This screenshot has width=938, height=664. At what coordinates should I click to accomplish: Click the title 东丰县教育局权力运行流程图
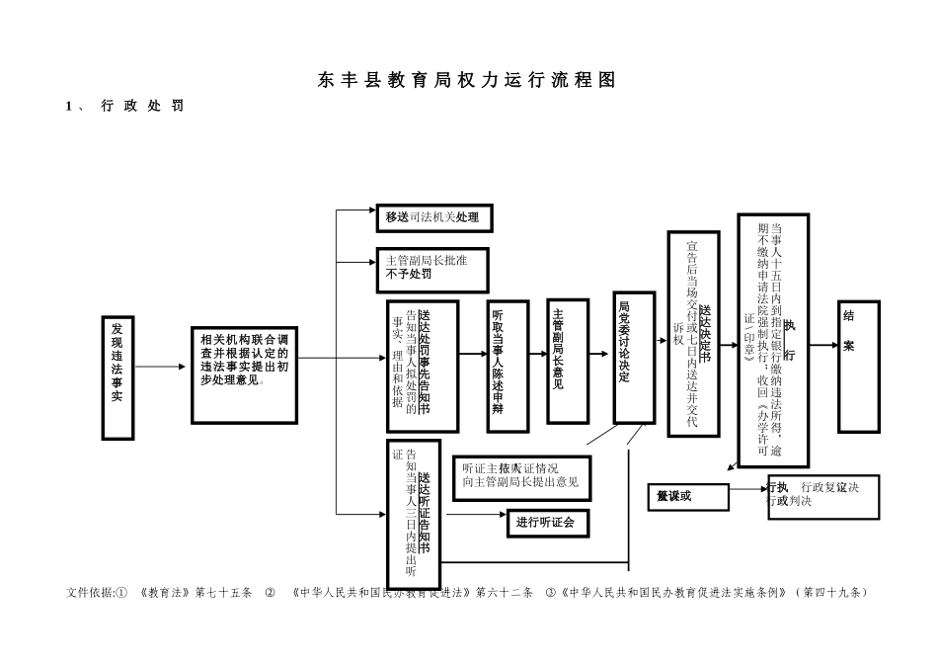(467, 81)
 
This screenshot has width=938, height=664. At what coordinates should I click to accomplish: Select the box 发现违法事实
(117, 377)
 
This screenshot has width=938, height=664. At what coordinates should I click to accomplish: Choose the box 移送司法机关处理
(433, 217)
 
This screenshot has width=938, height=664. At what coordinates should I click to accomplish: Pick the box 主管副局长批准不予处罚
(431, 269)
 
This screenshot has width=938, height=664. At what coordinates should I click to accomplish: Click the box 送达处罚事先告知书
(423, 367)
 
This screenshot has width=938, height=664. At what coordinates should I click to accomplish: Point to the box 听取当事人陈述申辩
(508, 367)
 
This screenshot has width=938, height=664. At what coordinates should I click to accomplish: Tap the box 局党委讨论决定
(634, 357)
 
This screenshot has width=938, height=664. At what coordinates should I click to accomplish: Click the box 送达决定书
(693, 333)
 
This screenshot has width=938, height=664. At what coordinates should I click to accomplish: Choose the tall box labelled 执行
(773, 340)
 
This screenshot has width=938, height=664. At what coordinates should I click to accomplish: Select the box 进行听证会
(548, 523)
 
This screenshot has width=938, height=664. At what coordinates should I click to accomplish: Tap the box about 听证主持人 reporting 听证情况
(521, 477)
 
